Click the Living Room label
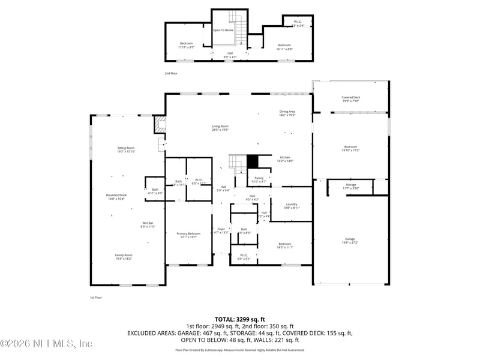click(x=220, y=126)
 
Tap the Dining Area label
click(x=287, y=112)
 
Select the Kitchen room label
click(x=284, y=158)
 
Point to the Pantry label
click(x=259, y=178)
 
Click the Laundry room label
click(x=292, y=205)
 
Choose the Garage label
click(x=350, y=239)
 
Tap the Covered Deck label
click(x=350, y=97)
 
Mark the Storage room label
click(x=350, y=185)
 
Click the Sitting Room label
click(x=126, y=148)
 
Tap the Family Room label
click(x=124, y=255)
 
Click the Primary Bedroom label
click(x=188, y=233)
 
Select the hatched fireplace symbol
click(x=160, y=124)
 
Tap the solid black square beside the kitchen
click(x=253, y=162)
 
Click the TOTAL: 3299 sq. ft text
click(x=240, y=319)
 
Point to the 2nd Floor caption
click(x=171, y=73)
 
